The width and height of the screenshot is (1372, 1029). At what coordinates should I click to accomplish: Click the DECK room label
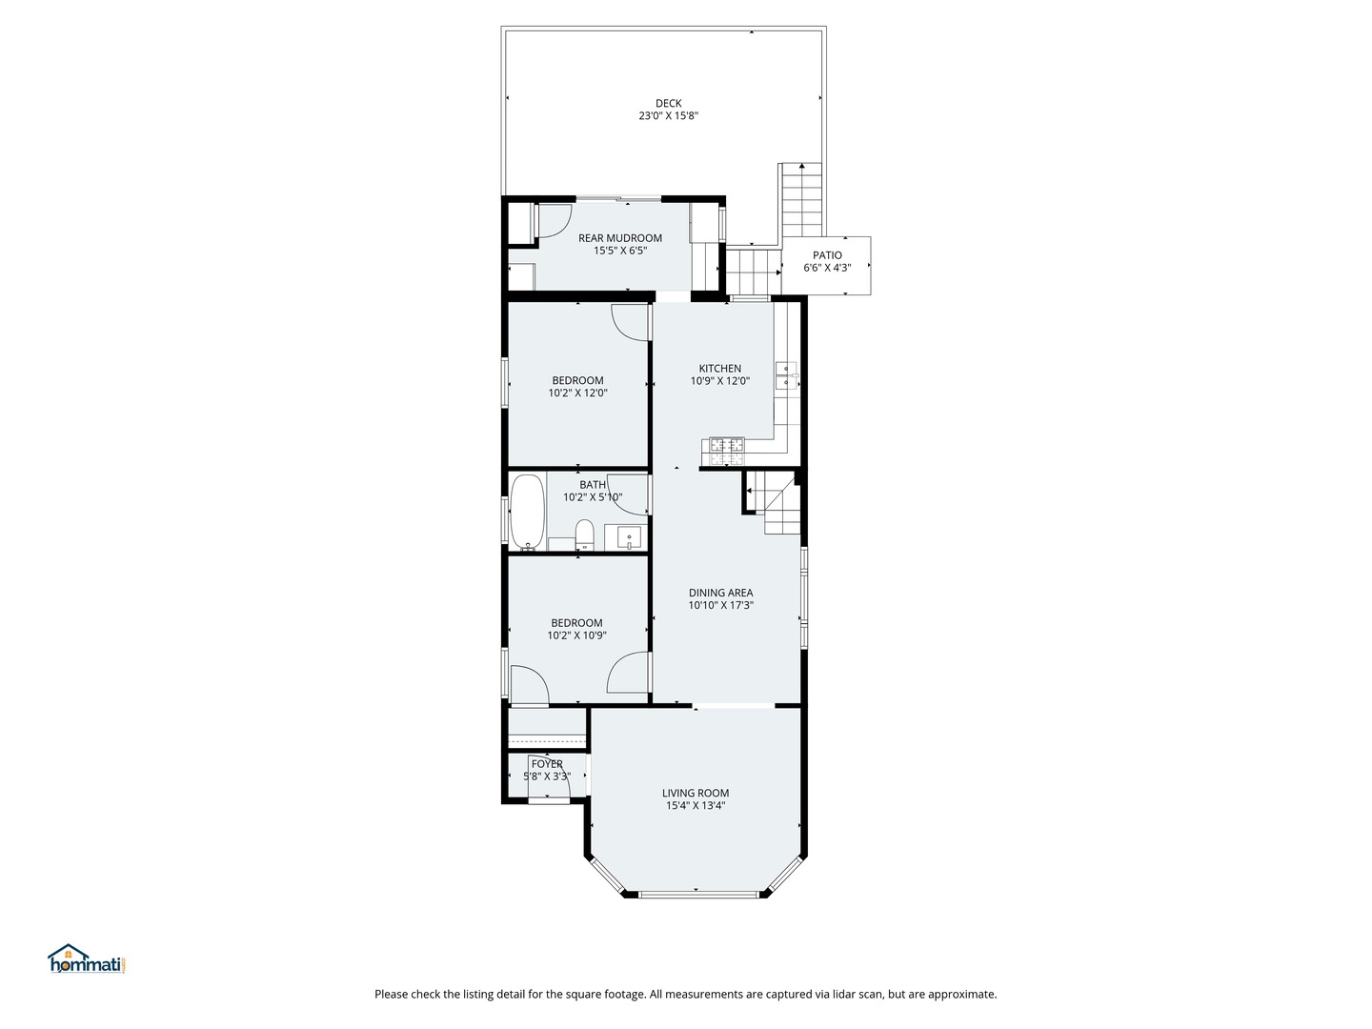tap(668, 103)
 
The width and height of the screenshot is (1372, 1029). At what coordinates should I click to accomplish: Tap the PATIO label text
tap(827, 255)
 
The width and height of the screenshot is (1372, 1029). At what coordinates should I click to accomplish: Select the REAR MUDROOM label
tap(619, 238)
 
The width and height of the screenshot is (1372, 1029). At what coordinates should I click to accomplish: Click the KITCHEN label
tap(720, 369)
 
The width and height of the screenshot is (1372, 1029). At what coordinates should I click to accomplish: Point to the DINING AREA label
tap(720, 593)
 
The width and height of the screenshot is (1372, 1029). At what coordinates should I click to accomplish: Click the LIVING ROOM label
tap(696, 793)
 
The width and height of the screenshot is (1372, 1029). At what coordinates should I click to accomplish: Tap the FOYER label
tap(547, 764)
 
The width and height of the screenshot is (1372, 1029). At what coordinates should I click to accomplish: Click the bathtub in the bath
tap(527, 513)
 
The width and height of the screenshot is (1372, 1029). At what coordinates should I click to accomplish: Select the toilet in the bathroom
tap(584, 535)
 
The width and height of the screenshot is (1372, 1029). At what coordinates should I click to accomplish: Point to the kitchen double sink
tap(787, 374)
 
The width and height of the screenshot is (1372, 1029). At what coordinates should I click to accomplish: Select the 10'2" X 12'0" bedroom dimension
tap(577, 393)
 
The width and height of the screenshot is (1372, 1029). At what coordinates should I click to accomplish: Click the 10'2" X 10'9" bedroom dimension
tap(576, 636)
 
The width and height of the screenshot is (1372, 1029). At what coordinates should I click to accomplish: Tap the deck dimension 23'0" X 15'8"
tap(668, 115)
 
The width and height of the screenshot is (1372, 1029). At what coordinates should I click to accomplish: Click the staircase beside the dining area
tap(775, 503)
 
